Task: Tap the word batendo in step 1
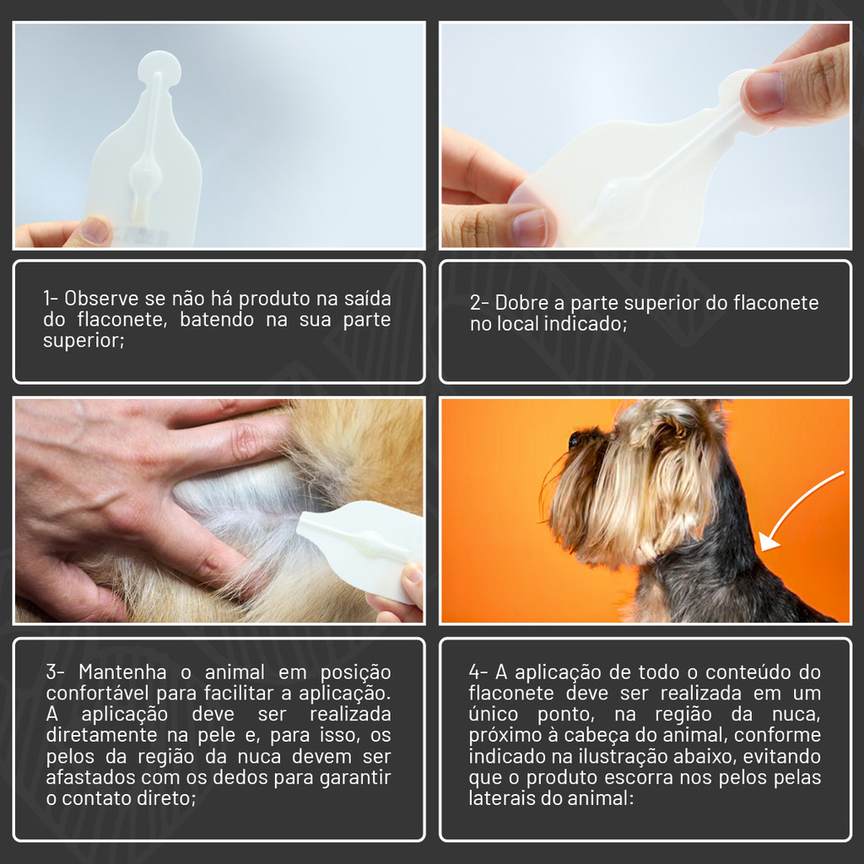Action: point(217,320)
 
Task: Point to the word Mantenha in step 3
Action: point(122,672)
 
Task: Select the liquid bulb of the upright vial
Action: point(145,176)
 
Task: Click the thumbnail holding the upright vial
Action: point(94,229)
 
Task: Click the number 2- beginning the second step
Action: point(479,303)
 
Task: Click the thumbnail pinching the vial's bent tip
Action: point(764,92)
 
